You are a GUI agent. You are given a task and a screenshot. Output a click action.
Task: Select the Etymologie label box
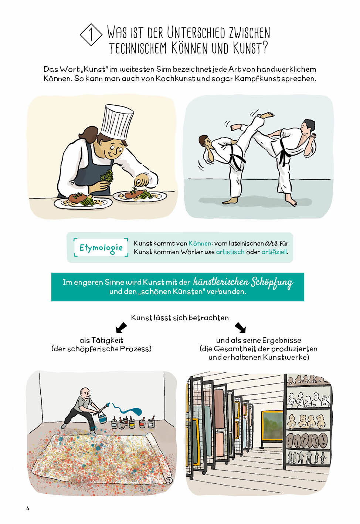click(101, 247)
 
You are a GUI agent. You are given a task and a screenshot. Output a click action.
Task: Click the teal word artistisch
click(230, 252)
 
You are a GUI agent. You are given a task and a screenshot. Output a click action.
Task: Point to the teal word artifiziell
click(274, 252)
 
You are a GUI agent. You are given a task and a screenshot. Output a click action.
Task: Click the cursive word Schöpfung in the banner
click(272, 283)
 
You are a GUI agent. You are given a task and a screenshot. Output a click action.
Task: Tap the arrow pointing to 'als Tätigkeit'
click(121, 328)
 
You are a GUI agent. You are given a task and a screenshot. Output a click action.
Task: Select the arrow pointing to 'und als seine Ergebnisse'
click(240, 328)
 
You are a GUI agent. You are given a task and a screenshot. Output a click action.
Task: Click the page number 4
click(28, 508)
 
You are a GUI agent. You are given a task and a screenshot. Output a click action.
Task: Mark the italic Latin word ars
click(271, 244)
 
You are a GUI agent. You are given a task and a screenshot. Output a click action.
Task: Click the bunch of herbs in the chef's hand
click(107, 176)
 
